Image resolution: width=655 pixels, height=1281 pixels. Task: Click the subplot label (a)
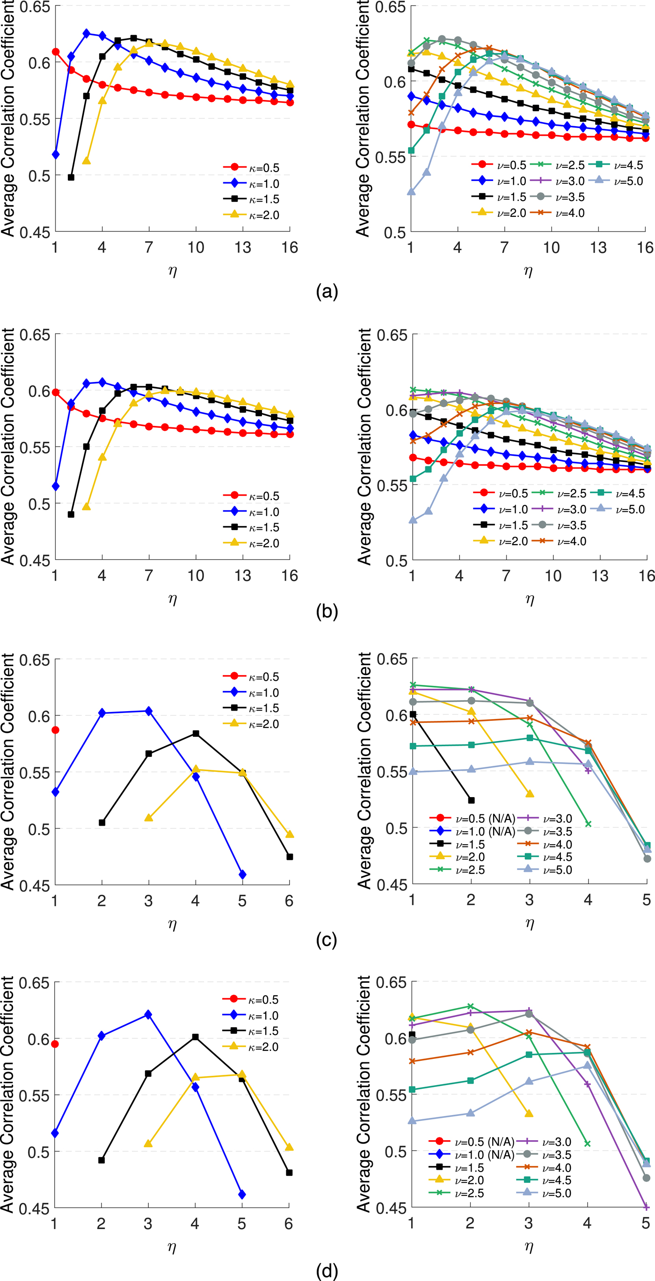(327, 291)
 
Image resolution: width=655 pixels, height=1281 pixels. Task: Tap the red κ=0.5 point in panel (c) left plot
(55, 730)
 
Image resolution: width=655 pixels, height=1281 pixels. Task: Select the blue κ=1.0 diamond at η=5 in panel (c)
(242, 874)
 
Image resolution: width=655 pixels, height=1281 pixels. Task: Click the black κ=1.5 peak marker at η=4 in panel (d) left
(195, 1037)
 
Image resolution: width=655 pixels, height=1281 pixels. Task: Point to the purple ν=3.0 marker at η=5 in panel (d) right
(646, 1207)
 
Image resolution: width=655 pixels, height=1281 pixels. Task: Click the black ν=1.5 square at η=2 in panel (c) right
(471, 800)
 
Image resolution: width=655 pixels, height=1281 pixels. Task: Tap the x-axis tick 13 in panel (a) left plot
(243, 247)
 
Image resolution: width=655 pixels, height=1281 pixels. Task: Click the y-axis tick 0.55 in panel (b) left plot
(35, 447)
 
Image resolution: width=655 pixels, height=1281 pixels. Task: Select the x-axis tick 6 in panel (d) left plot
(289, 1223)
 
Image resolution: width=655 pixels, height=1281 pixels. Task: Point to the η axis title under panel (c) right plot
(530, 923)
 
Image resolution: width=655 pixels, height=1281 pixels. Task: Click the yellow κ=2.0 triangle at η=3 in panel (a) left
(86, 161)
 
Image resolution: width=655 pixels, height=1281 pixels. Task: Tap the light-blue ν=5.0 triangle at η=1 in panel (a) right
(411, 192)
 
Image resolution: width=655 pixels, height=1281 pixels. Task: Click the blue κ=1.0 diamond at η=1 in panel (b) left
(55, 486)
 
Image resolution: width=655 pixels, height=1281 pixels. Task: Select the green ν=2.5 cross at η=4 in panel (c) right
(588, 824)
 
